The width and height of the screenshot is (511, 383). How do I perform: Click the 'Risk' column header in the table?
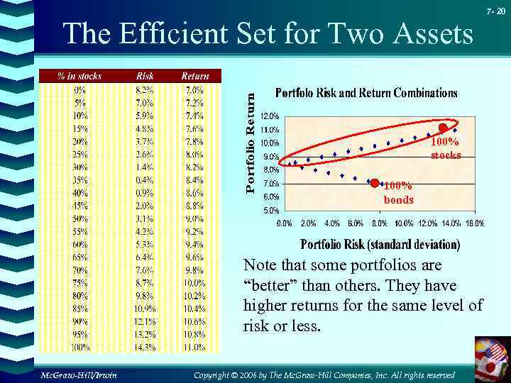[144, 76]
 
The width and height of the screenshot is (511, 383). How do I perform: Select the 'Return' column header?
[194, 76]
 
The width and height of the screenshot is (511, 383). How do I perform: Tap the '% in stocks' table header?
[79, 76]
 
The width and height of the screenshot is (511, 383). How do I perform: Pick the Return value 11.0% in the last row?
[194, 348]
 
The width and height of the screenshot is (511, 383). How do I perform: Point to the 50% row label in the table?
[79, 218]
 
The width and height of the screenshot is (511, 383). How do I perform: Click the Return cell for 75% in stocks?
[194, 283]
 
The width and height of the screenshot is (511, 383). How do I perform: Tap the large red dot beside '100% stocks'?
[443, 128]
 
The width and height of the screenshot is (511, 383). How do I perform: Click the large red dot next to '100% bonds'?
[375, 184]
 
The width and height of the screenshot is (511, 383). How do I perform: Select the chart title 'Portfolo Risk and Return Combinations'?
[366, 93]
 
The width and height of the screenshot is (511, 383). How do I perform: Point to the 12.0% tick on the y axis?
[270, 116]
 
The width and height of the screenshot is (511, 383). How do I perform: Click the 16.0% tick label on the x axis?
[475, 223]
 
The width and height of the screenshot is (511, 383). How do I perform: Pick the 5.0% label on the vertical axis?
[270, 211]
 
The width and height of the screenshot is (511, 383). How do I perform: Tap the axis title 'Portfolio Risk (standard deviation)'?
[380, 245]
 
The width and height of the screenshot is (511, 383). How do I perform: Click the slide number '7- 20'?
[495, 13]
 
